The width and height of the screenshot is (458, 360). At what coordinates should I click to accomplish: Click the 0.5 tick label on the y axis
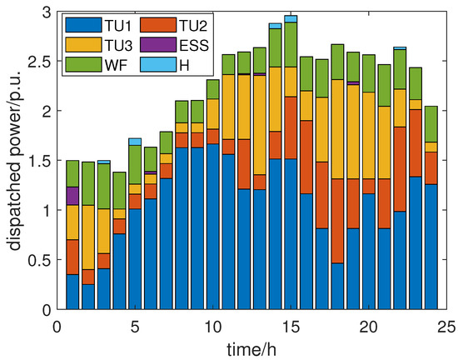[x=39, y=260]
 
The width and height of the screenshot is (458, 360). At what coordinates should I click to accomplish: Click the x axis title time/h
[x=251, y=346]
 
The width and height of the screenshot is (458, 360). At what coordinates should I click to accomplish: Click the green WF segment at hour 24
[x=431, y=124]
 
